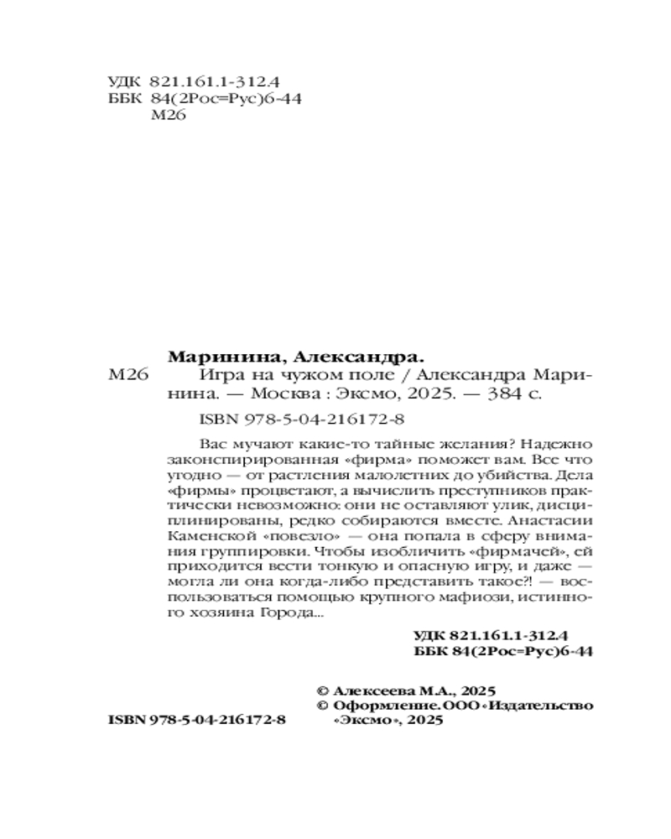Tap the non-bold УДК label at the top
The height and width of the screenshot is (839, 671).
point(125,81)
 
